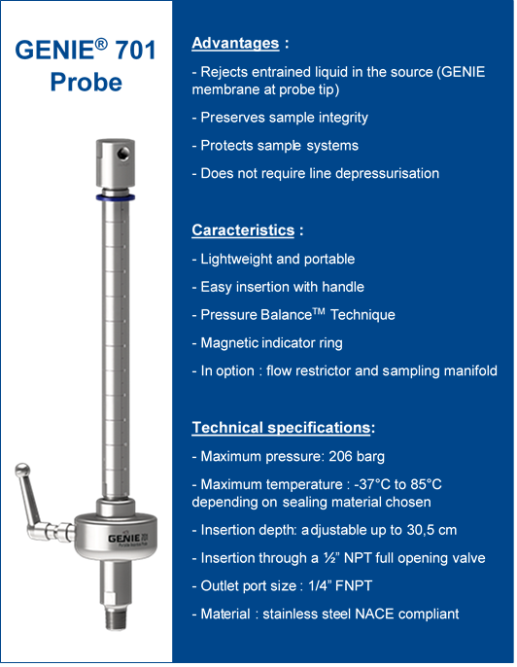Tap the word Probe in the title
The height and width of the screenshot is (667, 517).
[x=86, y=82]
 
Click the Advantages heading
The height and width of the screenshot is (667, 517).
[x=236, y=43]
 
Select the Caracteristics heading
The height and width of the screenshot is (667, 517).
[x=243, y=230]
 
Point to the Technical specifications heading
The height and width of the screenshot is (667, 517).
[x=281, y=428]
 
